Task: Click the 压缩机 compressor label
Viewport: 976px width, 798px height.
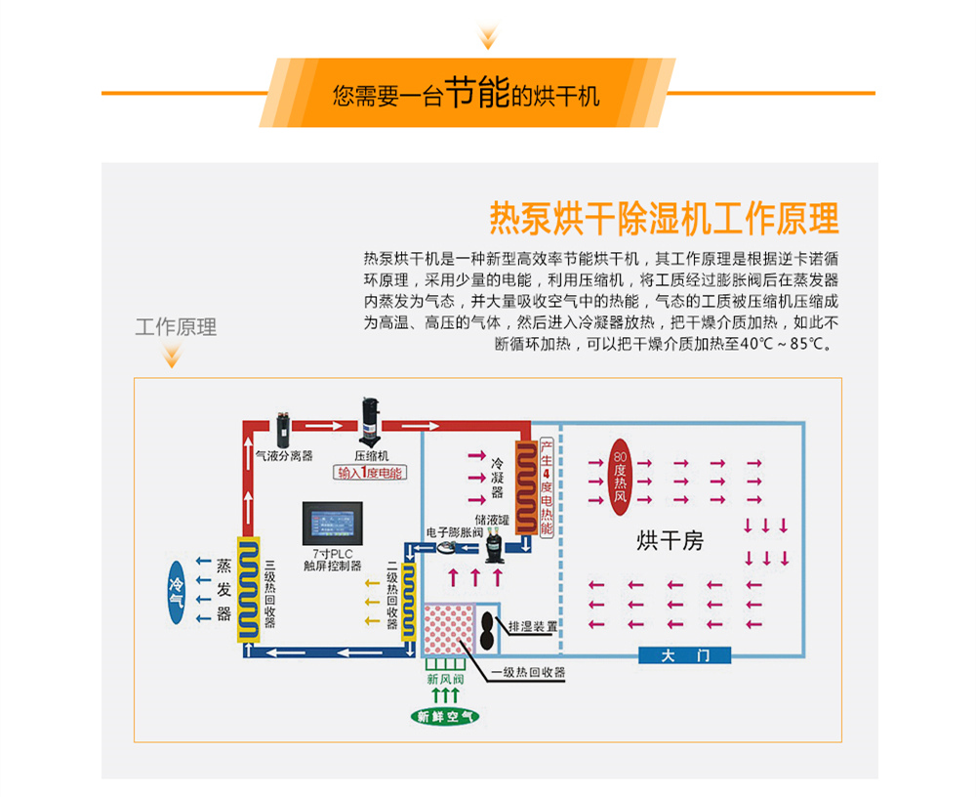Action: click(x=371, y=455)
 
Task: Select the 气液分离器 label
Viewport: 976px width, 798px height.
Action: click(x=284, y=455)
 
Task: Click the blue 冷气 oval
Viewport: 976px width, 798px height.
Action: click(x=177, y=587)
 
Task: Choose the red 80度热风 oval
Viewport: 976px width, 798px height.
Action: click(x=620, y=476)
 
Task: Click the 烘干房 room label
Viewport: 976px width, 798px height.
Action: click(x=670, y=540)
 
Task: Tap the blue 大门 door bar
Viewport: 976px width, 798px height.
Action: click(x=684, y=655)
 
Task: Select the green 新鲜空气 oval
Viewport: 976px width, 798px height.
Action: click(x=445, y=717)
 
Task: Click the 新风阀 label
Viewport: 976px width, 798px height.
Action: click(x=444, y=679)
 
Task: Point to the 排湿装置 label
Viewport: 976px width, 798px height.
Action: click(x=532, y=626)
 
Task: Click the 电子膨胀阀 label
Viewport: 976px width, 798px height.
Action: click(x=455, y=533)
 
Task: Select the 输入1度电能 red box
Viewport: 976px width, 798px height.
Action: click(x=371, y=473)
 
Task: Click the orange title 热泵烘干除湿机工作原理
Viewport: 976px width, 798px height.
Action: click(x=663, y=218)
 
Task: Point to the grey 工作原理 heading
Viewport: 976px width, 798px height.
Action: click(x=176, y=326)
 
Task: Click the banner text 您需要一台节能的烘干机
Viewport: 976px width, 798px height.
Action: click(x=466, y=94)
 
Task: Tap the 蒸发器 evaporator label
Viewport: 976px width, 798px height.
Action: click(x=224, y=589)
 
